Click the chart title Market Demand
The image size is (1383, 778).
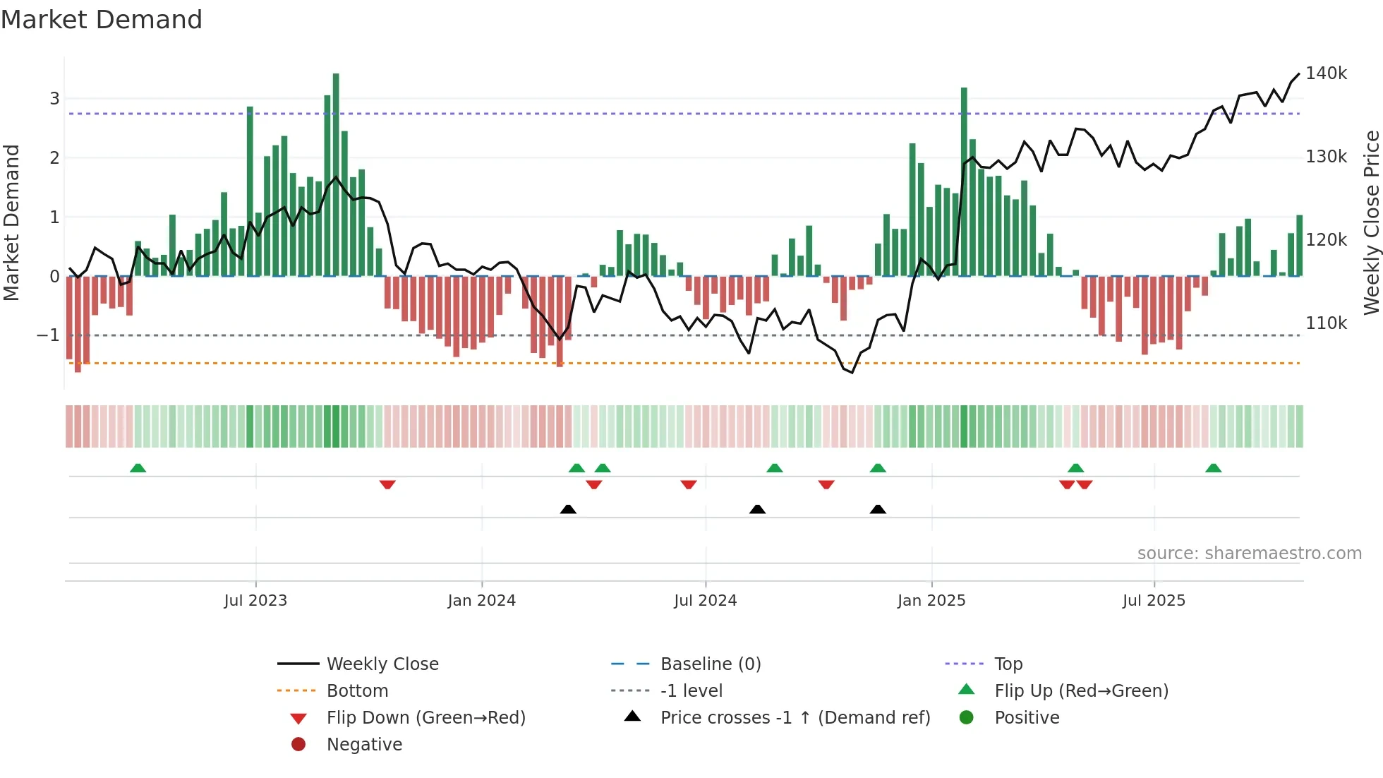102,20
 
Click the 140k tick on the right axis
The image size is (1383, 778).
1326,73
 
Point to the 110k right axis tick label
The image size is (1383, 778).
1326,323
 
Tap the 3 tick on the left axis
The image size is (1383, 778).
54,99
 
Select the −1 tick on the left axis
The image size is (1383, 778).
48,335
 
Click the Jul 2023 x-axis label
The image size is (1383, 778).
255,601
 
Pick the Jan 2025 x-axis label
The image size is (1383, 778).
931,601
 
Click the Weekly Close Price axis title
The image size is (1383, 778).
1371,222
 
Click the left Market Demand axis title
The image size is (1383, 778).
11,222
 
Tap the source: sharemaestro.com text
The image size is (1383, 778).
1249,553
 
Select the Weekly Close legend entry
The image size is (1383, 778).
382,664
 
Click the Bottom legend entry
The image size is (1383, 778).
357,691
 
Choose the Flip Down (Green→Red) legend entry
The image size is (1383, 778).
425,718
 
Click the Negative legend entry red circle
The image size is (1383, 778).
298,745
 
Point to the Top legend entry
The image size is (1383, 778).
1008,664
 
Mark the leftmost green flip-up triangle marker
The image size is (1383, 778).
138,468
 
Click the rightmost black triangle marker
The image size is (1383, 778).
878,509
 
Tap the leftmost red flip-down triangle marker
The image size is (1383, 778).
387,484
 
